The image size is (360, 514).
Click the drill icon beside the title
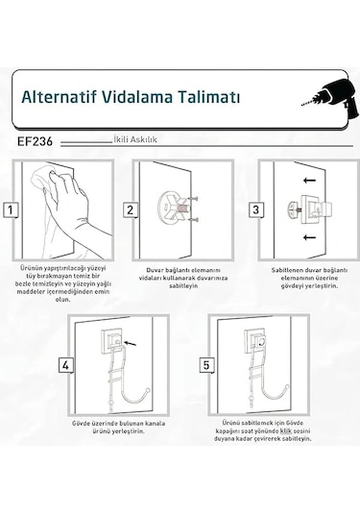330,98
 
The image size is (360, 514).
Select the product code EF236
35,141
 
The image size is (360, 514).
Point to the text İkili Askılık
135,139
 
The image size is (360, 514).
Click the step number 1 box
11,209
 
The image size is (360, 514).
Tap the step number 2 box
131,209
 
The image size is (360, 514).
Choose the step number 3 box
255,209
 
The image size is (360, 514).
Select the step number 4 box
66,365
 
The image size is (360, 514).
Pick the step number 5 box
206,365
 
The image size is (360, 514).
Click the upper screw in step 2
193,199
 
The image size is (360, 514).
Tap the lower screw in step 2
193,219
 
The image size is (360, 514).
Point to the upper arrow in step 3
309,180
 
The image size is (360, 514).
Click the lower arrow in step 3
309,237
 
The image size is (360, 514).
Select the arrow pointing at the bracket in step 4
131,343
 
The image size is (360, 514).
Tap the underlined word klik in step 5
286,430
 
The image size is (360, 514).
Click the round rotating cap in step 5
261,343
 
